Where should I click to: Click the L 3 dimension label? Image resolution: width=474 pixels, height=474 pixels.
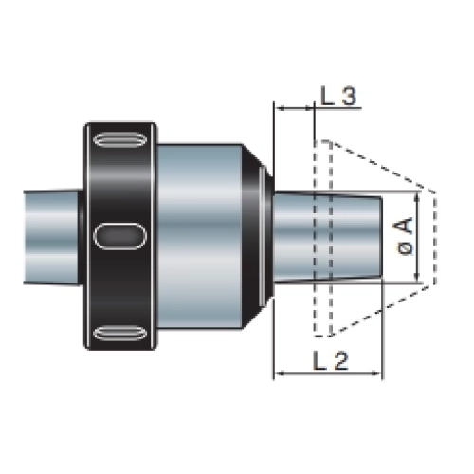pyautogui.click(x=338, y=96)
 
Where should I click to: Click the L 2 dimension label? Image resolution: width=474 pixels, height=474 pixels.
pyautogui.click(x=331, y=360)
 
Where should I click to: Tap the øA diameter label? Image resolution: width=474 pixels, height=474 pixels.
pyautogui.click(x=405, y=236)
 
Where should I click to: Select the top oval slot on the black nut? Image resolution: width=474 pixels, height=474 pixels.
pyautogui.click(x=120, y=140)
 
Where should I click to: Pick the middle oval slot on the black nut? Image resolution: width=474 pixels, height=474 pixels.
pyautogui.click(x=120, y=236)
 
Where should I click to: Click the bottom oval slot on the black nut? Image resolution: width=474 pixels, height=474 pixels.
pyautogui.click(x=120, y=334)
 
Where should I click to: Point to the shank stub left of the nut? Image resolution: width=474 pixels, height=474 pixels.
pyautogui.click(x=52, y=237)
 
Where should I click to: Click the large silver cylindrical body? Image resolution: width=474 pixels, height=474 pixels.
pyautogui.click(x=200, y=236)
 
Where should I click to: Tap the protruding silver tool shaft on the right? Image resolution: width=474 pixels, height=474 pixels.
pyautogui.click(x=328, y=237)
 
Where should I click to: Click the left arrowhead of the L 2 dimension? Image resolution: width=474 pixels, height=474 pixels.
pyautogui.click(x=278, y=374)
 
